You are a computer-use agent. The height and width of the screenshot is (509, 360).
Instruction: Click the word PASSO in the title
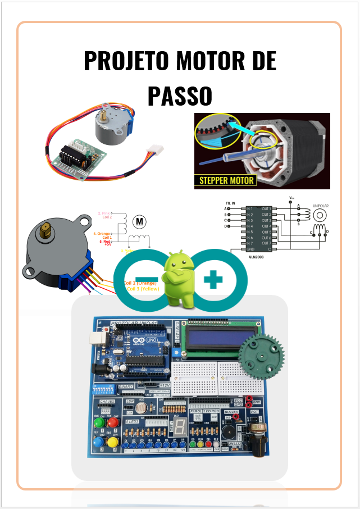click(x=180, y=96)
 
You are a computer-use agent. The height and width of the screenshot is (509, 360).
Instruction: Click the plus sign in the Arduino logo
click(x=213, y=280)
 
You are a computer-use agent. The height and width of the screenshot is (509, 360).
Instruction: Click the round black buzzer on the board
click(x=229, y=431)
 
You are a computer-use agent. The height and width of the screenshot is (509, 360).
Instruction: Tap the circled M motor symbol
click(x=139, y=222)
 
